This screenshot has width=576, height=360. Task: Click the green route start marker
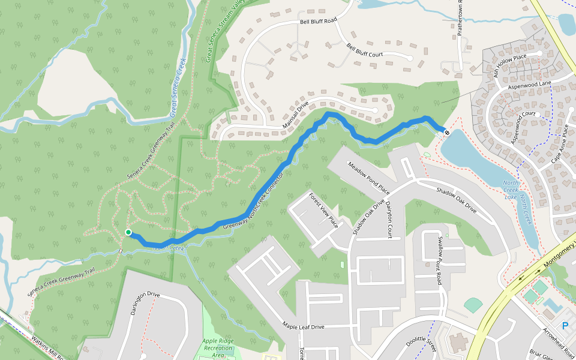[128, 232]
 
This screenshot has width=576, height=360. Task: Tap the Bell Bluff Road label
[318, 20]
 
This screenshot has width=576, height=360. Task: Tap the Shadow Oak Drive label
[457, 202]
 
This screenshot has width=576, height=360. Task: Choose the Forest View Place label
[323, 210]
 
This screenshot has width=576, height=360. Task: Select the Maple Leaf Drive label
[303, 326]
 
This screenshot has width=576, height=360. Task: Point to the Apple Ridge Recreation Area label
[218, 348]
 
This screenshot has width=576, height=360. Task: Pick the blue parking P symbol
[565, 326]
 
